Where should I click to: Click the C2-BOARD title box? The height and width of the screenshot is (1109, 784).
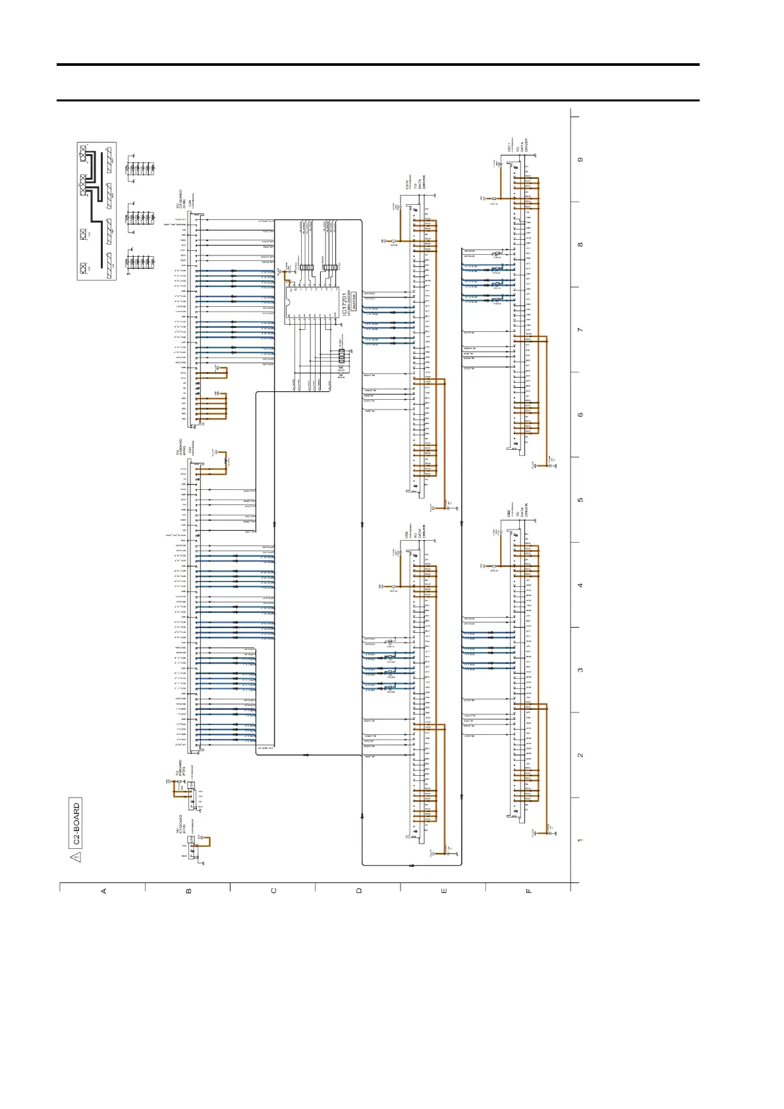(x=76, y=823)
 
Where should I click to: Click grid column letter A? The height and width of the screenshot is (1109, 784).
(x=103, y=891)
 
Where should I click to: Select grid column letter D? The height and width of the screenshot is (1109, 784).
(x=358, y=891)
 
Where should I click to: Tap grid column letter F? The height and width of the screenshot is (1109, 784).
(x=528, y=891)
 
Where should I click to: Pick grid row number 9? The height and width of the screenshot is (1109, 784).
(x=580, y=159)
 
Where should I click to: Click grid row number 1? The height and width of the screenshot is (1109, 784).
(x=580, y=840)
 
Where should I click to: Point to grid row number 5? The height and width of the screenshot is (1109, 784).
(x=580, y=500)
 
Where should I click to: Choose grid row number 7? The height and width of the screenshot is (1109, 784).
(x=580, y=329)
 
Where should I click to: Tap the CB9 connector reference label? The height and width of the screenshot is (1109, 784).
(x=509, y=512)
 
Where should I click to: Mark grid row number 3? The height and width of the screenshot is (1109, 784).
(x=580, y=670)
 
